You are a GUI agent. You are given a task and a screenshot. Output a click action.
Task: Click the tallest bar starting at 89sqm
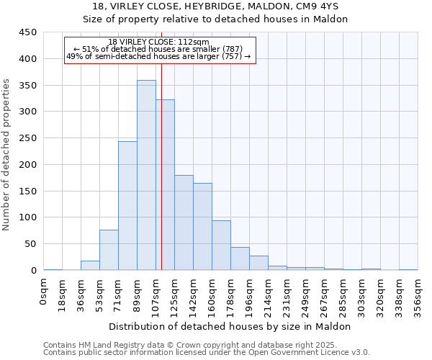coord(146,175)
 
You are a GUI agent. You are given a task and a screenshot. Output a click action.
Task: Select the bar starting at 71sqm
coord(127,206)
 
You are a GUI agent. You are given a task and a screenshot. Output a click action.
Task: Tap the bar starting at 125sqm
coord(184,222)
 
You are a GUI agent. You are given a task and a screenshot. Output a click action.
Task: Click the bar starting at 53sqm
coord(109,250)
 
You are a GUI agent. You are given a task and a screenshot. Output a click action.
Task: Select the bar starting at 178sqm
coord(240,258)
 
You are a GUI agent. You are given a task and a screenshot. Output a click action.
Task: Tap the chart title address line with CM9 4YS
coord(215,6)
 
